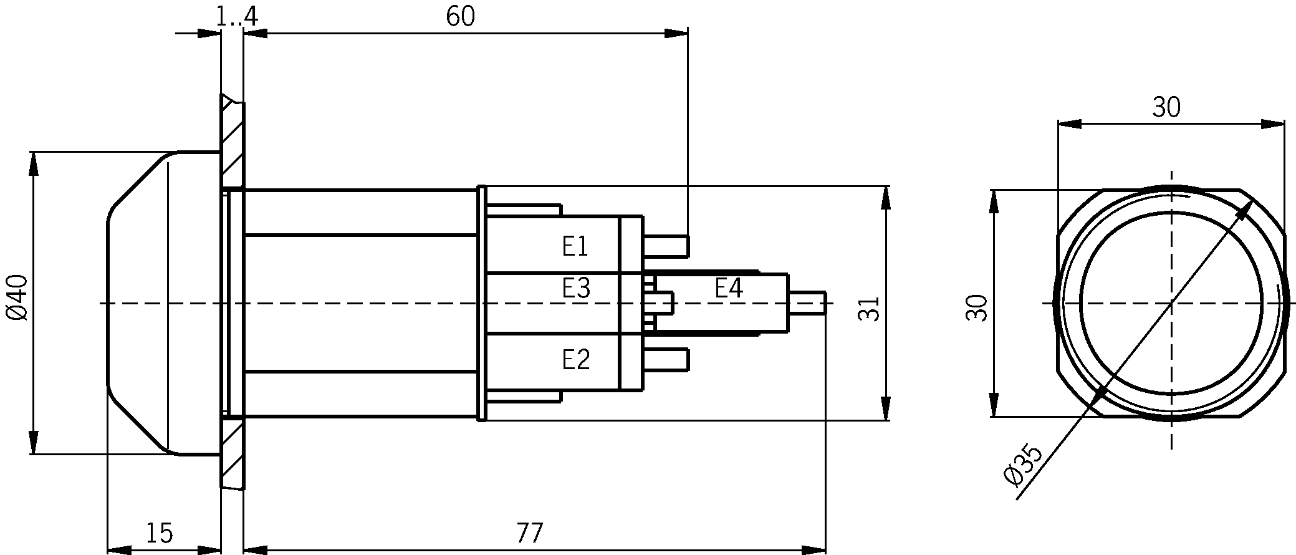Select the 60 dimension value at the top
click(461, 17)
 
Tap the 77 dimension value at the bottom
click(530, 533)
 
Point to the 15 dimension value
click(160, 533)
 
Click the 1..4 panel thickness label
click(237, 17)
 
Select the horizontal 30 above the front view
click(1166, 108)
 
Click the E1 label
click(575, 247)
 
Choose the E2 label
click(575, 360)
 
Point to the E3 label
click(576, 289)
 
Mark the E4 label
click(729, 289)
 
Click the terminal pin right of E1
click(666, 246)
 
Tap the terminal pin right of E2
click(666, 360)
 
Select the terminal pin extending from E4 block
click(807, 302)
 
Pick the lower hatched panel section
click(233, 453)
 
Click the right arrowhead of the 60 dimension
click(676, 34)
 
